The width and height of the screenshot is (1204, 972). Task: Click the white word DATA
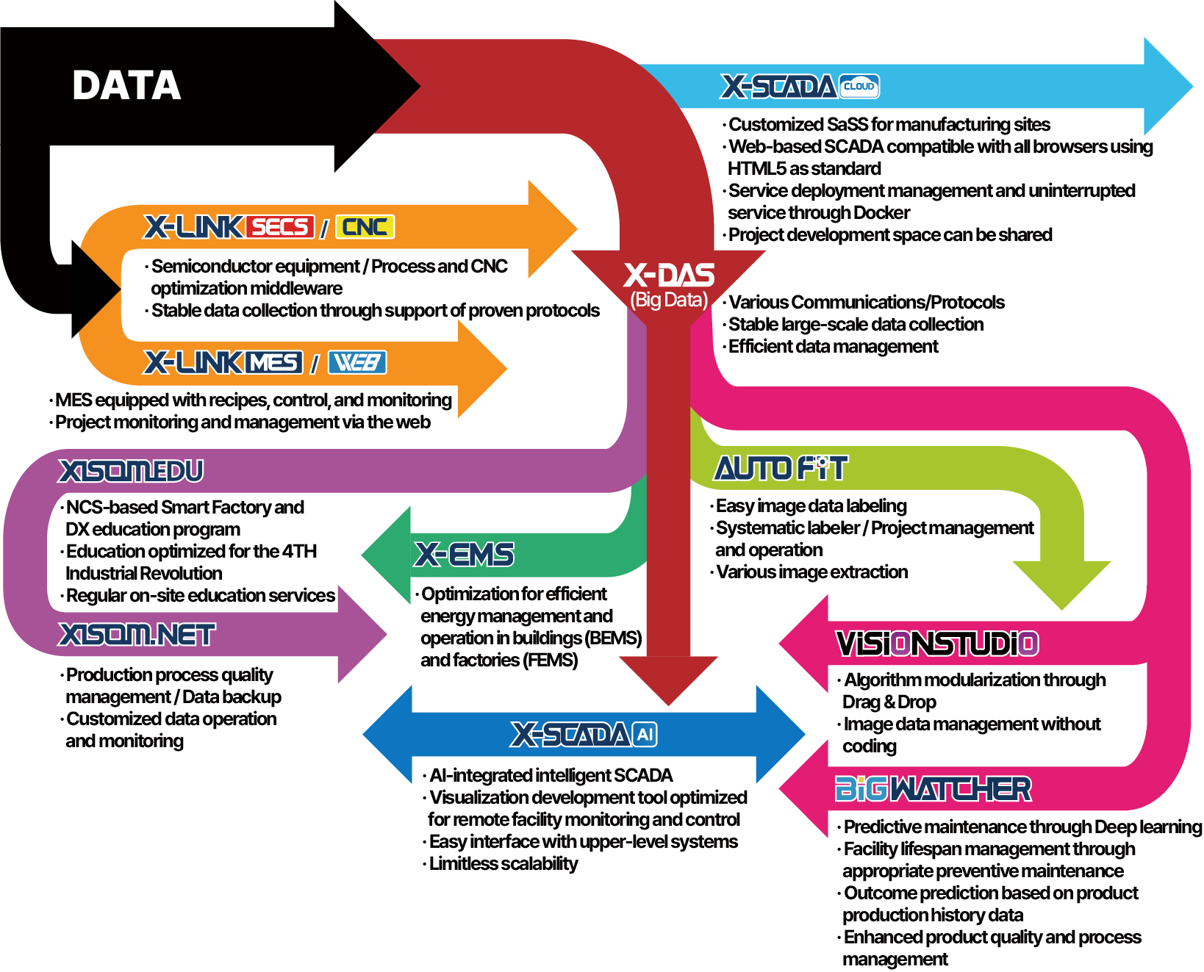126,85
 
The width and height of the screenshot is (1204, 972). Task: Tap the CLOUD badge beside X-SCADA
859,87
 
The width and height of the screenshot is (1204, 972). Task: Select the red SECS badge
280,226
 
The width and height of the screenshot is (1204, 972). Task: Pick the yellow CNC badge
365,226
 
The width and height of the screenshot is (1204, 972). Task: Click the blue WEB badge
357,362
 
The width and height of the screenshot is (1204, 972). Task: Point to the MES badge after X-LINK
274,362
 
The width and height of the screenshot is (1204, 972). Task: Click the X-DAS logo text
669,276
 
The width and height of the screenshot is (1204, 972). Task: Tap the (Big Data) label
669,300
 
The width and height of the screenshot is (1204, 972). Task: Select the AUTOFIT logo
781,468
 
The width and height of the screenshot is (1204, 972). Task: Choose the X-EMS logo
465,554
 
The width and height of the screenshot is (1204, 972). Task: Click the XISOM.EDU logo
131,471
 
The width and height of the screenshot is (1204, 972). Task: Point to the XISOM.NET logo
137,634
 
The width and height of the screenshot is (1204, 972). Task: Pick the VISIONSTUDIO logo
937,644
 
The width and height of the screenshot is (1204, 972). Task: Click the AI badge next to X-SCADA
645,734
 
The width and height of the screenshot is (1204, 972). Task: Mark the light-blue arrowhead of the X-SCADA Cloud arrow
1168,86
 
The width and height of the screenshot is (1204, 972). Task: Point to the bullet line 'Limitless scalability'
504,864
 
